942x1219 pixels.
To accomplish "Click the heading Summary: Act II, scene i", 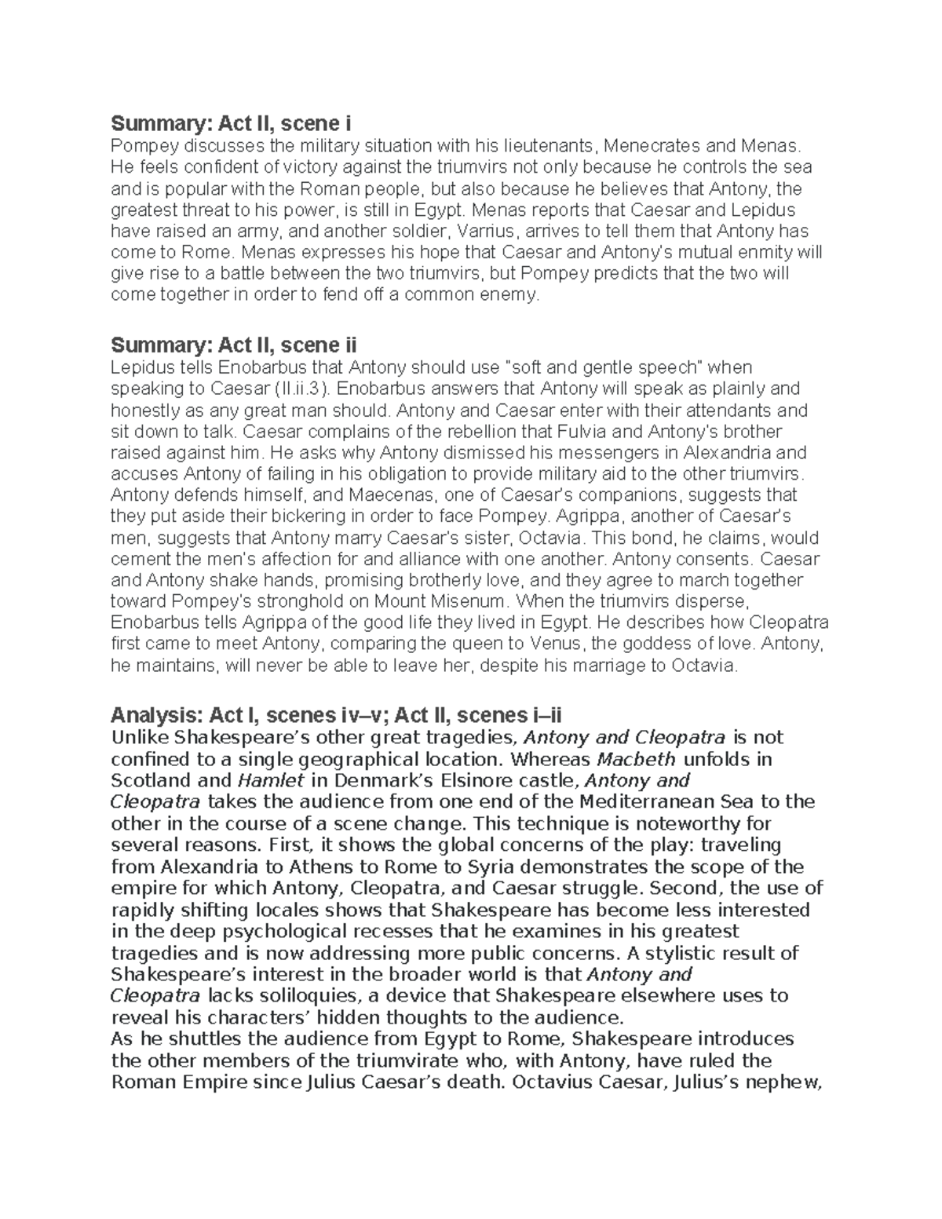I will pyautogui.click(x=231, y=124).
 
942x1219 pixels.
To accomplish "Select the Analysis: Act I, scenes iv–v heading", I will pyautogui.click(x=337, y=715).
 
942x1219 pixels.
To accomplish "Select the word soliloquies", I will pyautogui.click(x=305, y=996).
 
